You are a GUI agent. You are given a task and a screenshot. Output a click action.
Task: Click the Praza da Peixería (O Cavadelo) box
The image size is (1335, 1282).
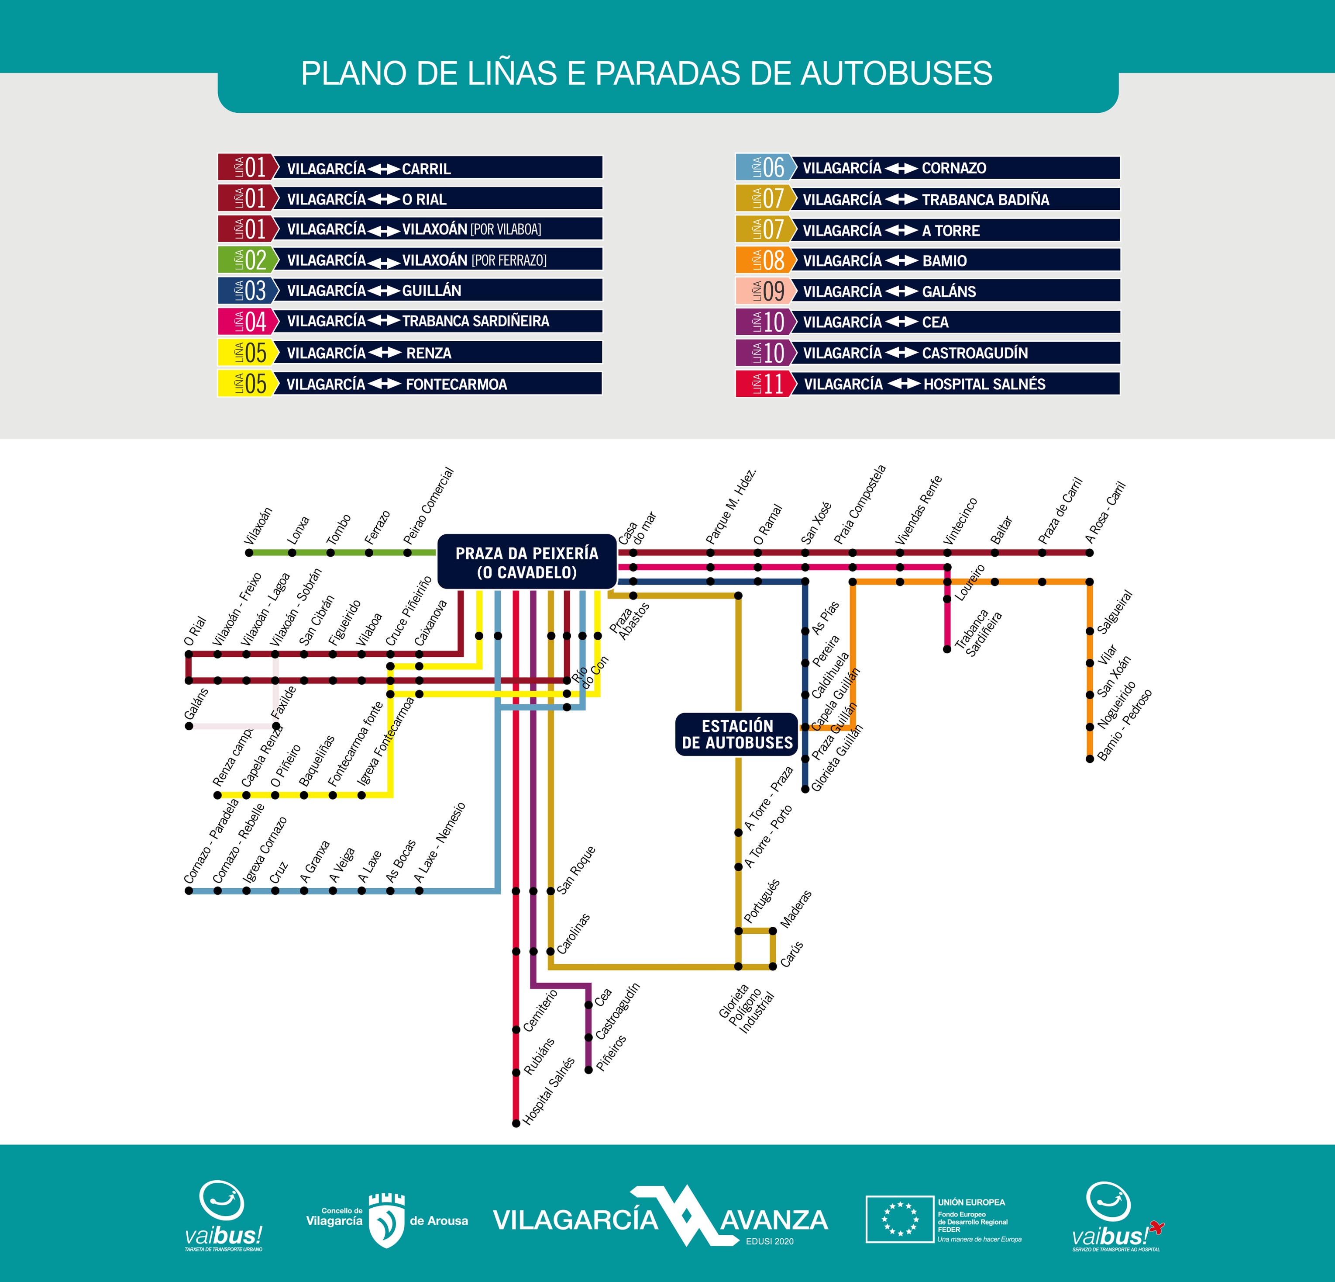[x=526, y=561]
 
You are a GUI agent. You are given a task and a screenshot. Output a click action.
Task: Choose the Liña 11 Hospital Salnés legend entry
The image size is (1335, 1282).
[x=928, y=384]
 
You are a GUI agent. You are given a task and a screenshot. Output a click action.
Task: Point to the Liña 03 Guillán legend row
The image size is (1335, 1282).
[x=410, y=290]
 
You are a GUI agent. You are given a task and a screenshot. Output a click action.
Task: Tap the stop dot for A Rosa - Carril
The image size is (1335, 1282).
[x=1090, y=553]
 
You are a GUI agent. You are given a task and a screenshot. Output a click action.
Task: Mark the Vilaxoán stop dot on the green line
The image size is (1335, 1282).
[x=249, y=553]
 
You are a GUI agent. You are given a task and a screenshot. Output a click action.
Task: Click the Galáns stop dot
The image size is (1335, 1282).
[x=189, y=726]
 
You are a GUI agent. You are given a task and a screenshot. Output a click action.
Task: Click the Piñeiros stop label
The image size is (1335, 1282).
[x=612, y=1053]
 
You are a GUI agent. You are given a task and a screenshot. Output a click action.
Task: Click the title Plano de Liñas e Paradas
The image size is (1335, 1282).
[x=647, y=73]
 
